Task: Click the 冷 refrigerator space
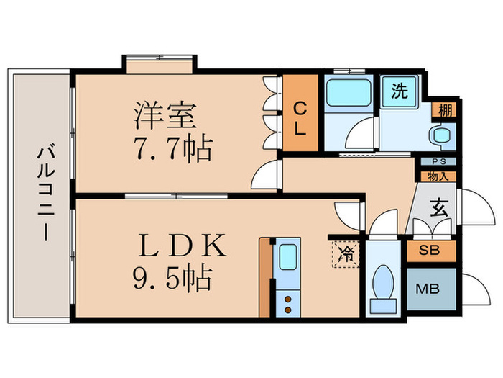(x=346, y=253)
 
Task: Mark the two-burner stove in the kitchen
(x=287, y=302)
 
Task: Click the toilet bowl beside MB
(x=383, y=282)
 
